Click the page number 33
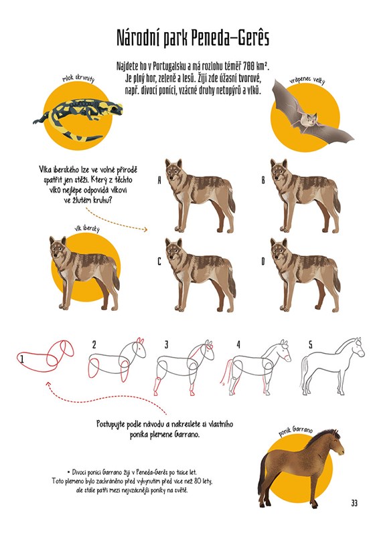pyautogui.click(x=354, y=503)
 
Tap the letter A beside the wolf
pyautogui.click(x=159, y=180)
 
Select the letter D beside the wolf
pyautogui.click(x=262, y=261)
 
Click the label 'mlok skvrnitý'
pyautogui.click(x=78, y=79)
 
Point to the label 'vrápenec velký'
pyautogui.click(x=307, y=80)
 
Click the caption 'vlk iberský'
pyautogui.click(x=87, y=229)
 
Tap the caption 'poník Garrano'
pyautogui.click(x=295, y=431)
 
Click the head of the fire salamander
pyautogui.click(x=115, y=108)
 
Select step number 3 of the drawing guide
pyautogui.click(x=166, y=344)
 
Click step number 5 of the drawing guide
pyautogui.click(x=310, y=344)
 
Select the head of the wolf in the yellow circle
pyautogui.click(x=58, y=248)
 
